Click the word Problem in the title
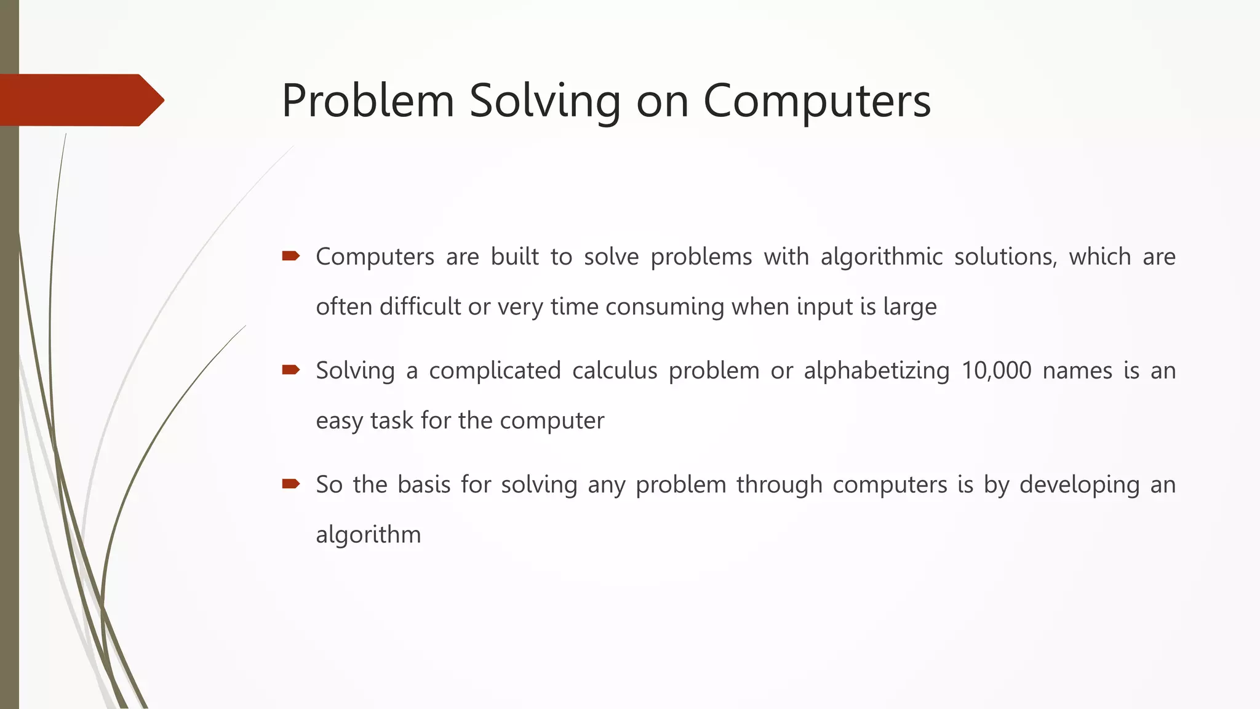tap(367, 100)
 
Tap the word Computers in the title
tap(816, 100)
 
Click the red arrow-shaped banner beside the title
tap(80, 100)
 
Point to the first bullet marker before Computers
tap(290, 256)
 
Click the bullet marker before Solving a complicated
tap(290, 370)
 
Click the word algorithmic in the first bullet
tap(881, 257)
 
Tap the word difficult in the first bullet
tap(420, 306)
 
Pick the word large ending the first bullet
tap(909, 306)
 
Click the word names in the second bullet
tap(1077, 371)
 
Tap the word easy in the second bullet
tap(338, 421)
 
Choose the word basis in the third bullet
tap(424, 484)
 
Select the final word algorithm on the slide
tap(368, 534)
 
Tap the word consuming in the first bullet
tap(664, 306)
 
